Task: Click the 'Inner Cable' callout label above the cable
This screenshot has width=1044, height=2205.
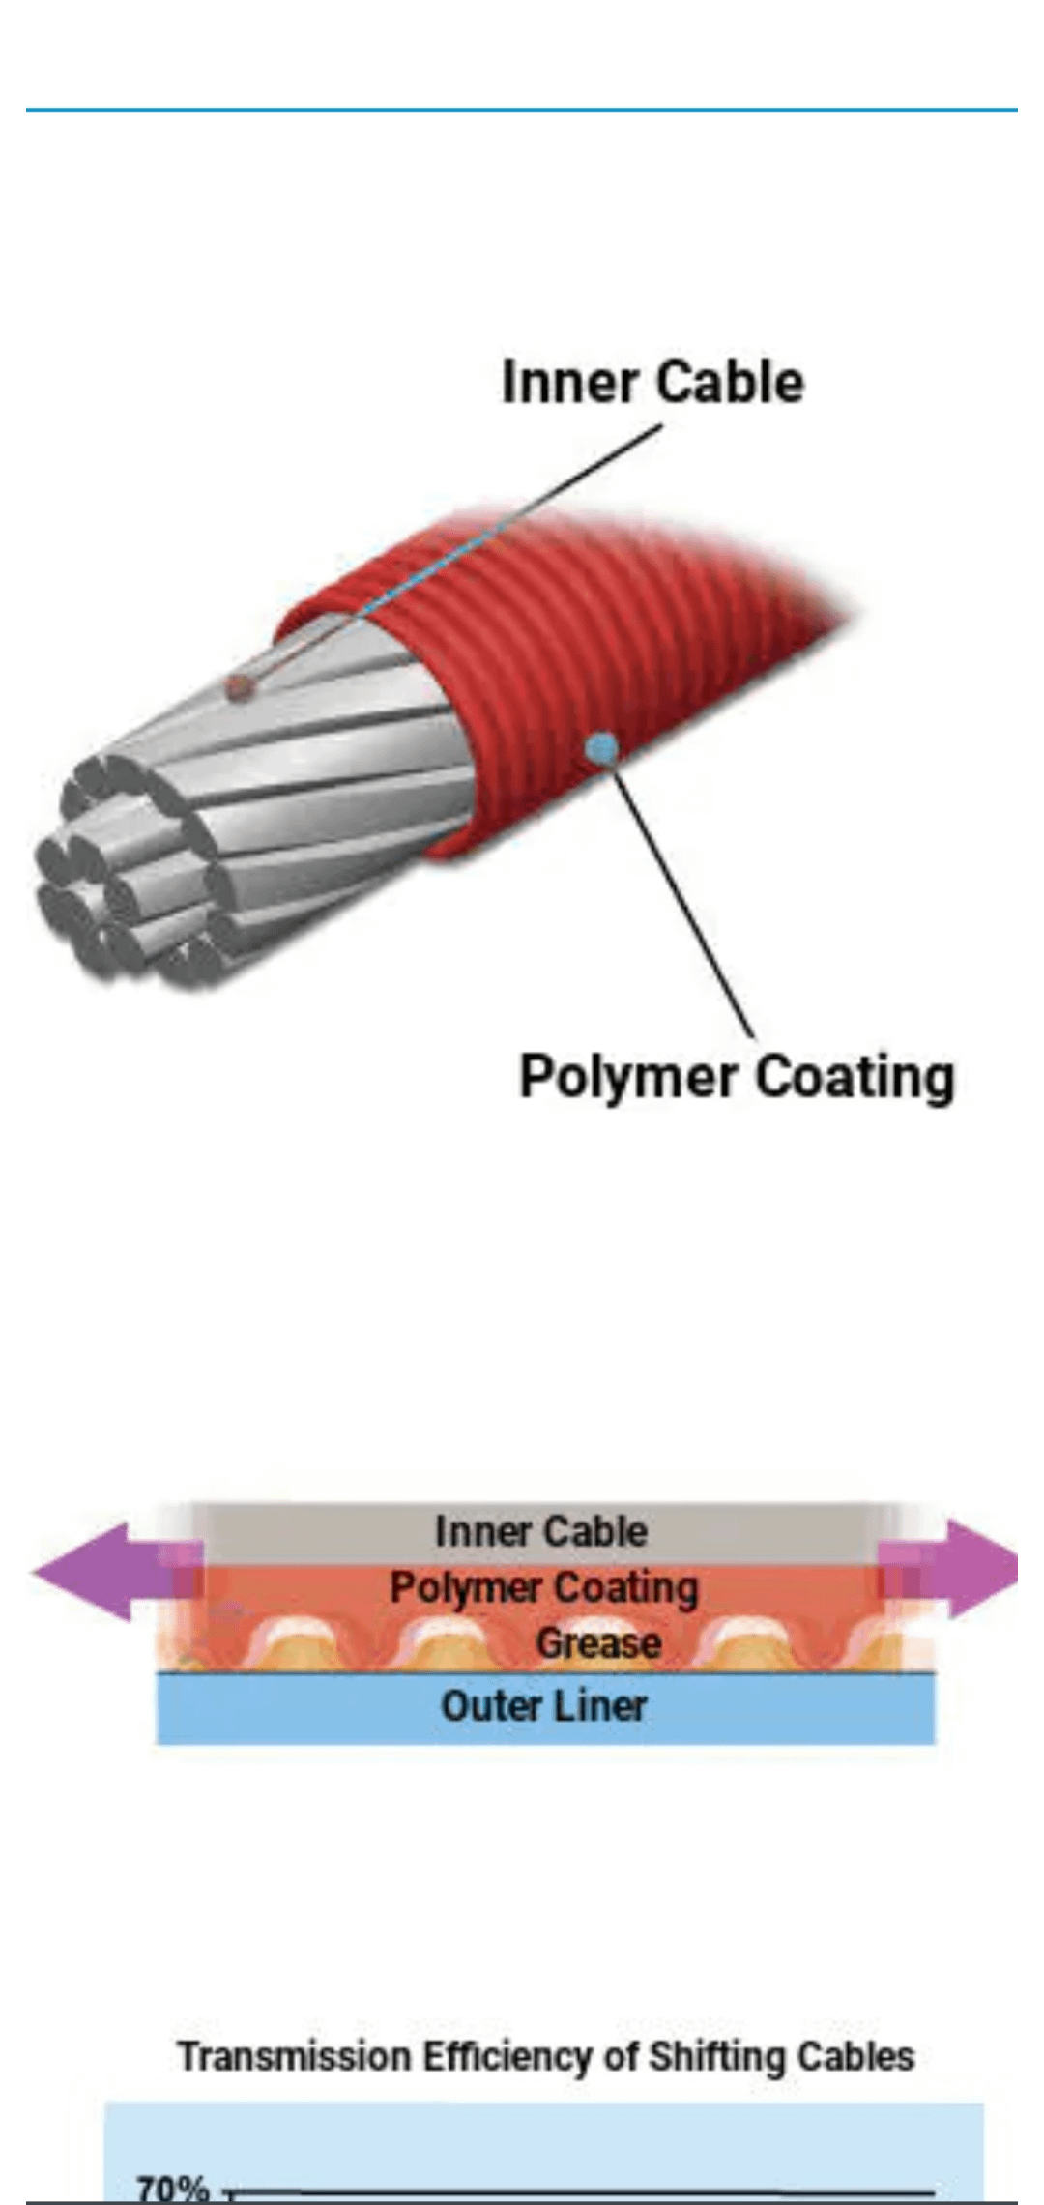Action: (652, 382)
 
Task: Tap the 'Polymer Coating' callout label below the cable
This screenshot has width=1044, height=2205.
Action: (738, 1077)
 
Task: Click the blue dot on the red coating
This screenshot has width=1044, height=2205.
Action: (603, 746)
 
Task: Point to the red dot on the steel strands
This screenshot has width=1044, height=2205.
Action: (238, 686)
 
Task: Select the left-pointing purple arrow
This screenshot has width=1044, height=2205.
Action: (116, 1572)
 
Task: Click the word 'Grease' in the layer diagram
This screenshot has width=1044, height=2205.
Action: (598, 1642)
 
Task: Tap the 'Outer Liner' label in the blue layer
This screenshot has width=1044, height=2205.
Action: (544, 1706)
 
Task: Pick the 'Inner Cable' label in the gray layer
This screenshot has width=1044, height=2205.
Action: (541, 1531)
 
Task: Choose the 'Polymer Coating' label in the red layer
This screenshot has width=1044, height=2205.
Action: (544, 1588)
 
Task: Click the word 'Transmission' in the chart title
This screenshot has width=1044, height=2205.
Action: (295, 2056)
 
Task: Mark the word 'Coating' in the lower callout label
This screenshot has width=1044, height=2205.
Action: (855, 1077)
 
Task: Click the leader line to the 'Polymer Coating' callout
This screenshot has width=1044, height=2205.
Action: (682, 892)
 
